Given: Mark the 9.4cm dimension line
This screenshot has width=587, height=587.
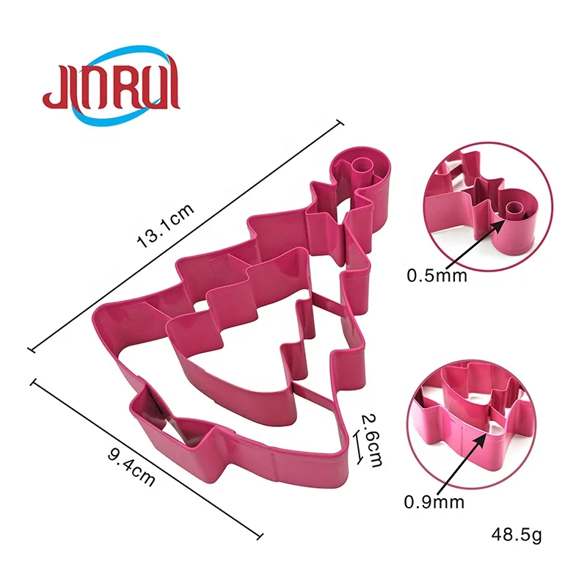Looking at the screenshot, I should pos(147,459).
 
